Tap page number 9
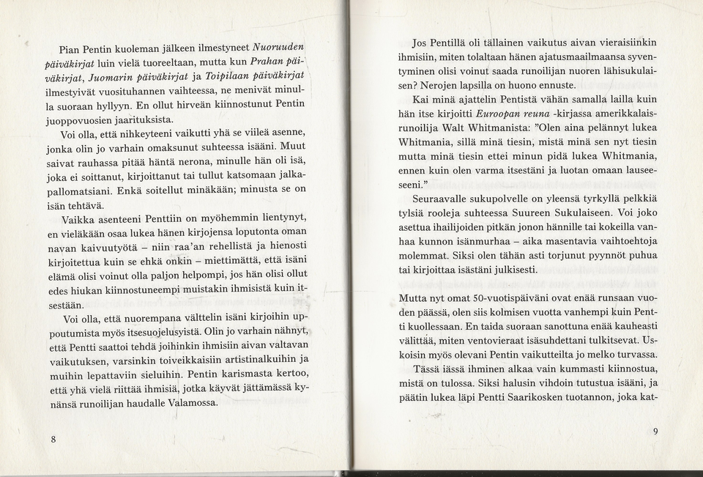click(x=655, y=432)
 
